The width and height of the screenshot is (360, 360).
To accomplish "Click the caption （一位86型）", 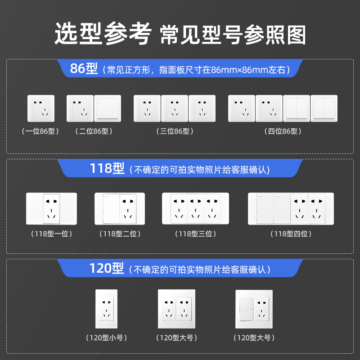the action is (x=40, y=131).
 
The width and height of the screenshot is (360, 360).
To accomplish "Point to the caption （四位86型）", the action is (x=282, y=131).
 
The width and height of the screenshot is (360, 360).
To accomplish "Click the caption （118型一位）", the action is (x=52, y=234).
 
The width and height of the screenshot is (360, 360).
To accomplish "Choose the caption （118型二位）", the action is (x=120, y=234).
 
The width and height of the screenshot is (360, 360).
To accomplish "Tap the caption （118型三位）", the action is (x=196, y=234).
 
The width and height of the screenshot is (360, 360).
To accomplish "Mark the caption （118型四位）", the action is (x=291, y=234).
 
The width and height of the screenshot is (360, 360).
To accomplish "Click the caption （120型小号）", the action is (x=106, y=337).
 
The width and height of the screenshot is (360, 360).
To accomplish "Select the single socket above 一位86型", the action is (x=41, y=108).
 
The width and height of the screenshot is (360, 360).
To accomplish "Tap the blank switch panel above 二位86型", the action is (x=107, y=108).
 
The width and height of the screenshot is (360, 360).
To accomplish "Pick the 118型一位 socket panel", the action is (x=52, y=209).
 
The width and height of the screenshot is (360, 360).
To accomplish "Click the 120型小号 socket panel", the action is (x=106, y=308).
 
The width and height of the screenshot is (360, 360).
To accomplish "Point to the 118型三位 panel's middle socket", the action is (x=195, y=209).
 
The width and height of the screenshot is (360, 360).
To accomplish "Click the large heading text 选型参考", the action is (x=102, y=35).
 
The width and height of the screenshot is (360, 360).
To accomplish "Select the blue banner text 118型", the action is (x=107, y=169).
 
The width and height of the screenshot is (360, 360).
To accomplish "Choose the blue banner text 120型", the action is (x=107, y=269).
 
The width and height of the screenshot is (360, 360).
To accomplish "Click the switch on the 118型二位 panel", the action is (x=111, y=209).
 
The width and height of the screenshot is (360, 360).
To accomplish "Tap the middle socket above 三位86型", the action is (x=175, y=108).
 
